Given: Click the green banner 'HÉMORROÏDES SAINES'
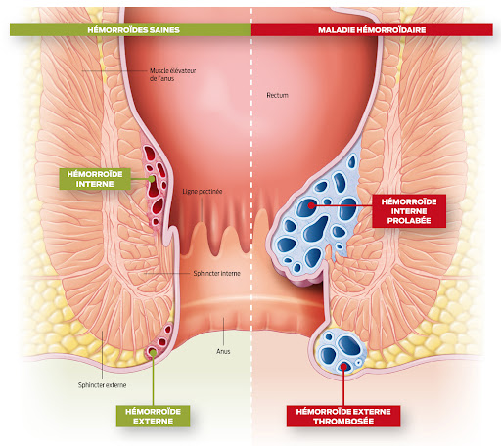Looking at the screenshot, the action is [130, 30].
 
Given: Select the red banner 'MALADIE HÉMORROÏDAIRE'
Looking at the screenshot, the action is [372, 30].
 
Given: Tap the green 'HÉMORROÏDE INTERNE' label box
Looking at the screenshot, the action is [95, 179].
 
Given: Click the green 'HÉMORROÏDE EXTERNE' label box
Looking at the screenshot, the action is [153, 416].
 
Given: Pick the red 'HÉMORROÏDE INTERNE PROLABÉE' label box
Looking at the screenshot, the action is [409, 211].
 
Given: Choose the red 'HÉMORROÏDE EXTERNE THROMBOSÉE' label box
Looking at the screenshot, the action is [343, 416].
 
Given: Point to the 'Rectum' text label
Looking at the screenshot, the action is [277, 95].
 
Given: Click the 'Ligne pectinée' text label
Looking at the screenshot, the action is [203, 192].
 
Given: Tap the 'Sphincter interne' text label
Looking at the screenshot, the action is [216, 273].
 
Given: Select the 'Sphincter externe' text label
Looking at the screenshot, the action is [102, 385].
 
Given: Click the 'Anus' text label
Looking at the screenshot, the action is [223, 351].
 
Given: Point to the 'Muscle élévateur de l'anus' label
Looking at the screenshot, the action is [172, 74].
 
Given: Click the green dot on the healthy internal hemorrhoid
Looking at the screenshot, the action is [152, 179].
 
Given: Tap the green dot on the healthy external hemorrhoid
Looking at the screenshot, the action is [153, 352].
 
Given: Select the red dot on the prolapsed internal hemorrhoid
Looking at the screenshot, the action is [311, 205].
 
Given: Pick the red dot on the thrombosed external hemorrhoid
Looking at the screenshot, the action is [343, 367].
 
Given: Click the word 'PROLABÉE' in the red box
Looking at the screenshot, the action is [409, 221].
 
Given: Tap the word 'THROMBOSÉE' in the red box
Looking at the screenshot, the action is [343, 422].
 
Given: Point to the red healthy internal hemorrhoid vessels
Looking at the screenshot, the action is [156, 186].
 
